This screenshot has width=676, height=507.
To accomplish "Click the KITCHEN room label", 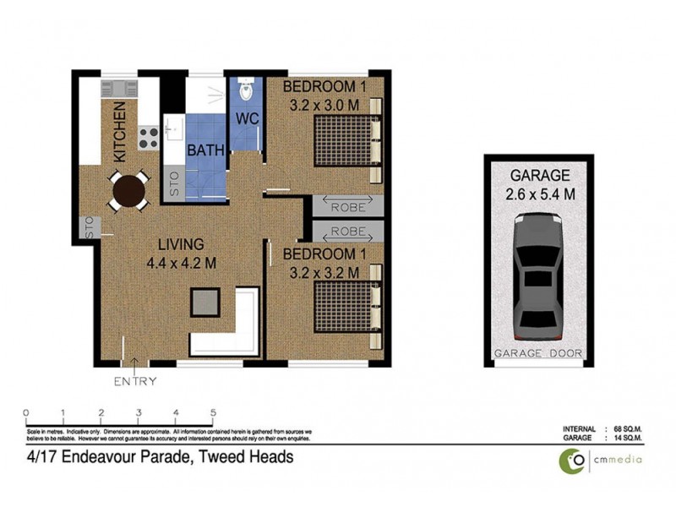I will pos(120,132).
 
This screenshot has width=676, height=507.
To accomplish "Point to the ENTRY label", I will pos(135,381).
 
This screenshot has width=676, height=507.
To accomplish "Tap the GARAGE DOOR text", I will pos(538,353).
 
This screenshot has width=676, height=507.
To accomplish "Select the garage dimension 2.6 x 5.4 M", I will pos(538,194).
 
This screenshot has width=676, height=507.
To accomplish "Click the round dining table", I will pos(128,190).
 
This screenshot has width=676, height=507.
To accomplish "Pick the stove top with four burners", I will pos(149,136).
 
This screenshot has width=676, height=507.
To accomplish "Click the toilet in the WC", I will pos(246,88).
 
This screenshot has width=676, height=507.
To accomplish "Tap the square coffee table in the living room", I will pos(206,302).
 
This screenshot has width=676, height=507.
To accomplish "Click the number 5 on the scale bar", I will pos(213,413).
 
